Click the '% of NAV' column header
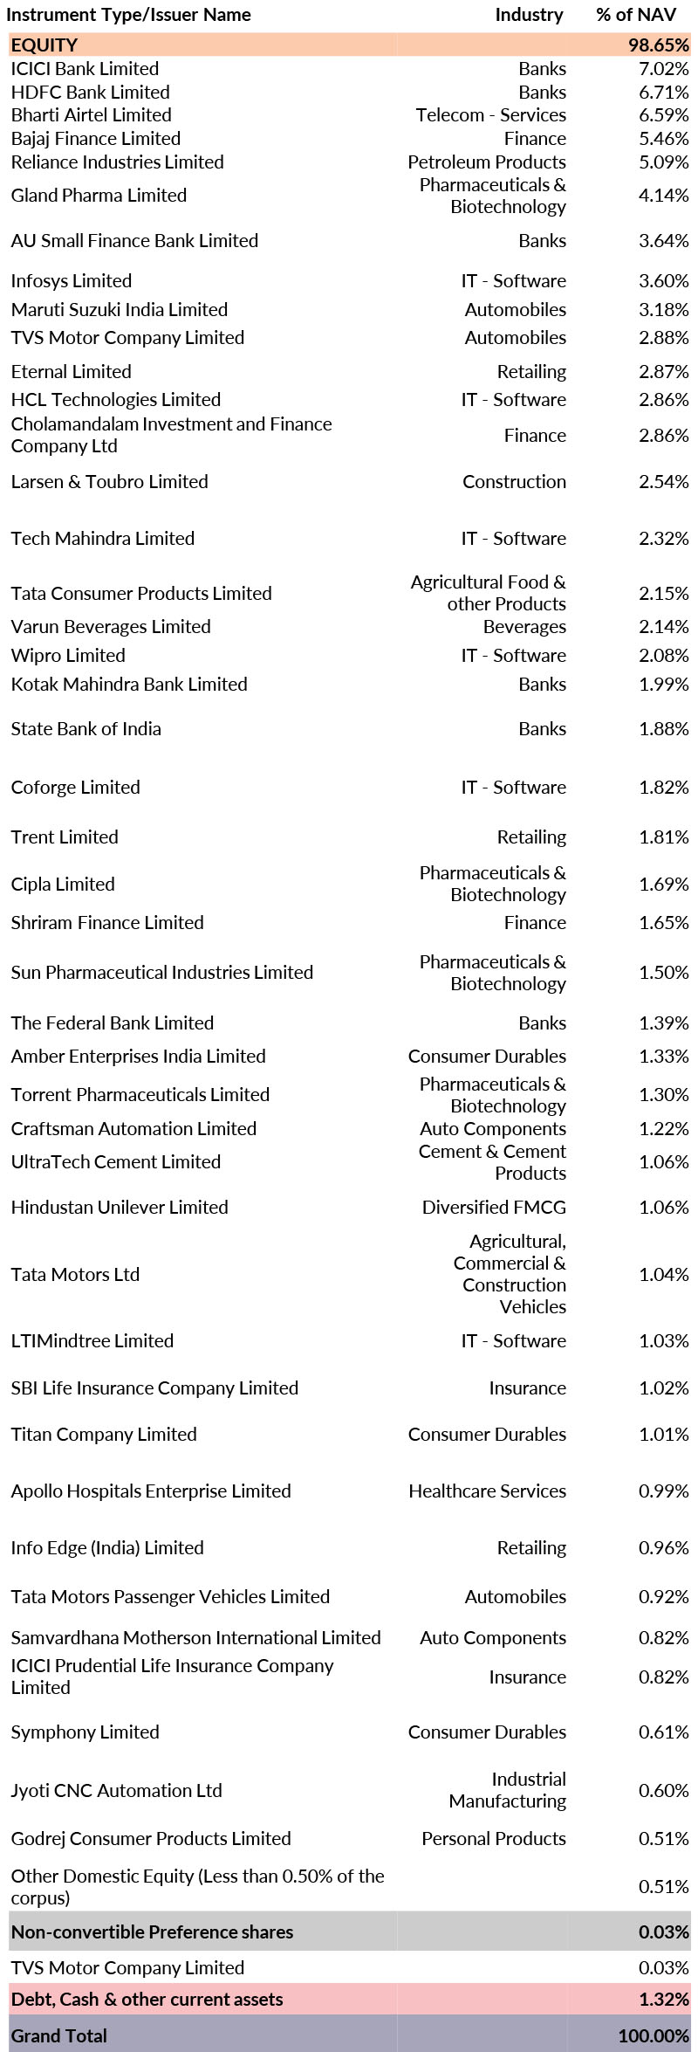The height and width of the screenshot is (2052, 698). [636, 15]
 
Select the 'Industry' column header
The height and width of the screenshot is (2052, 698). [529, 15]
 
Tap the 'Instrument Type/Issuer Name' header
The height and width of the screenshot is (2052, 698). [129, 15]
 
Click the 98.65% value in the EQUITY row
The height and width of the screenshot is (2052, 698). [659, 45]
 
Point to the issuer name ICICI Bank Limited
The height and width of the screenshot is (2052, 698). [85, 69]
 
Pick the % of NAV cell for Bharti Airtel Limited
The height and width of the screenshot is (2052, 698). [663, 115]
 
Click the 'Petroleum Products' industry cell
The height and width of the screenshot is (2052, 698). [486, 162]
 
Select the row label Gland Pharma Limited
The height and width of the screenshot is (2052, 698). [99, 196]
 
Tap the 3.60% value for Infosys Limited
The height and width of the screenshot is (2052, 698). [663, 281]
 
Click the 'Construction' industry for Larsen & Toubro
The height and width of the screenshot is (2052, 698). [514, 482]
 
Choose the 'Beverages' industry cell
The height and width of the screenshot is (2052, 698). [524, 627]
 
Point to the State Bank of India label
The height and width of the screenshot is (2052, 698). [86, 729]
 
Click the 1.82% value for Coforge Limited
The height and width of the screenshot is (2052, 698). [663, 788]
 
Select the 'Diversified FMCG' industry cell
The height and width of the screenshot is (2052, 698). [494, 1208]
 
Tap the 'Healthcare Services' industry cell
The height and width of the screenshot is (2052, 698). [487, 1491]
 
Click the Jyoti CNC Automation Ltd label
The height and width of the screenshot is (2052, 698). [116, 1791]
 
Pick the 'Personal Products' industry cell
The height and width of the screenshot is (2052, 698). [493, 1839]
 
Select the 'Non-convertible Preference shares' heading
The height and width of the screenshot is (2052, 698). [152, 1932]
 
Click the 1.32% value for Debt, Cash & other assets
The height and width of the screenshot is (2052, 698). [663, 2000]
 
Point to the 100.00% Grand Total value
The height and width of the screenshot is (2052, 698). [654, 2036]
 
